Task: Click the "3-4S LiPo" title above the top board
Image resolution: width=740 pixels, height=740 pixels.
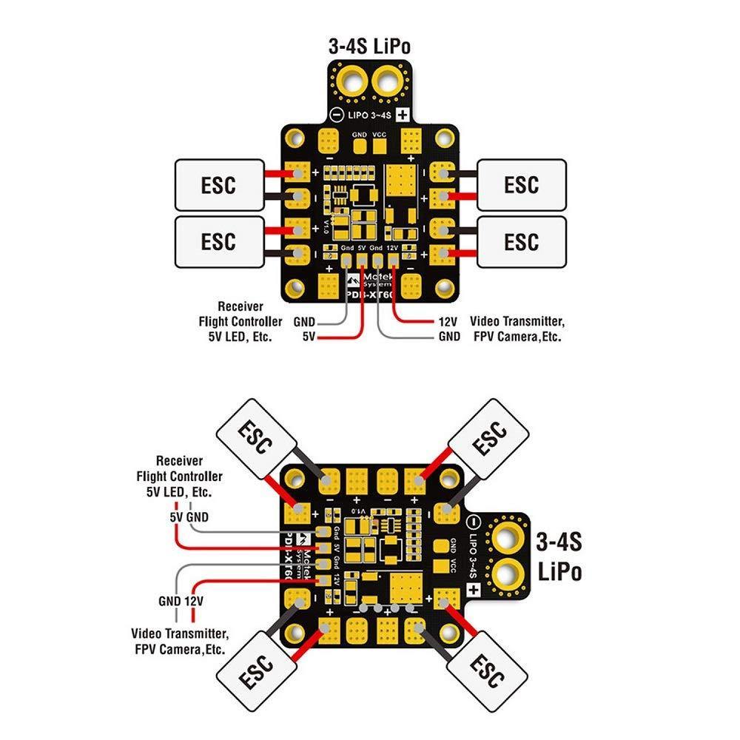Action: click(369, 46)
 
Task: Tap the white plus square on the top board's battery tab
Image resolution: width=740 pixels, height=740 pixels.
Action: click(403, 115)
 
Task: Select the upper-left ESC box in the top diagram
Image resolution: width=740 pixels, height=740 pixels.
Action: click(218, 184)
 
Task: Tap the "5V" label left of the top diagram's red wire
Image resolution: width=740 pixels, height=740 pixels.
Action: click(309, 336)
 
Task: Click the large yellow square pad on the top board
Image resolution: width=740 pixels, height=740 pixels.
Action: click(403, 178)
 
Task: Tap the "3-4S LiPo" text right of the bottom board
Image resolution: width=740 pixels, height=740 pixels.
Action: click(559, 556)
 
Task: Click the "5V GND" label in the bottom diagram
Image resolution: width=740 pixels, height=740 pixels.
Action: click(189, 516)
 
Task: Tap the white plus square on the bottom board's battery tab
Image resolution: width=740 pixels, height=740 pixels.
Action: click(471, 590)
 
